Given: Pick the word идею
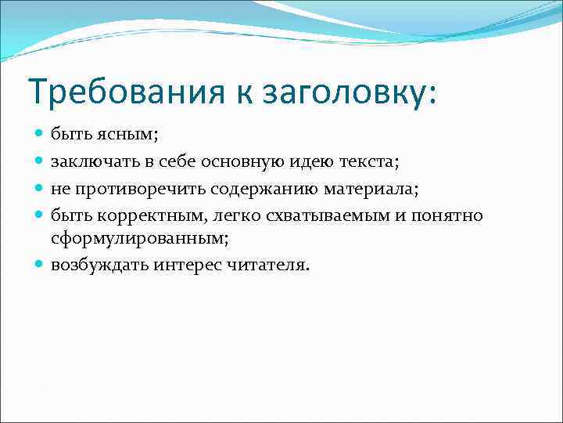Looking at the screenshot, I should [x=307, y=162].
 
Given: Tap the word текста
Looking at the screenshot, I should [x=367, y=162].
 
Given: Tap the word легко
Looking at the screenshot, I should [x=230, y=215].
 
